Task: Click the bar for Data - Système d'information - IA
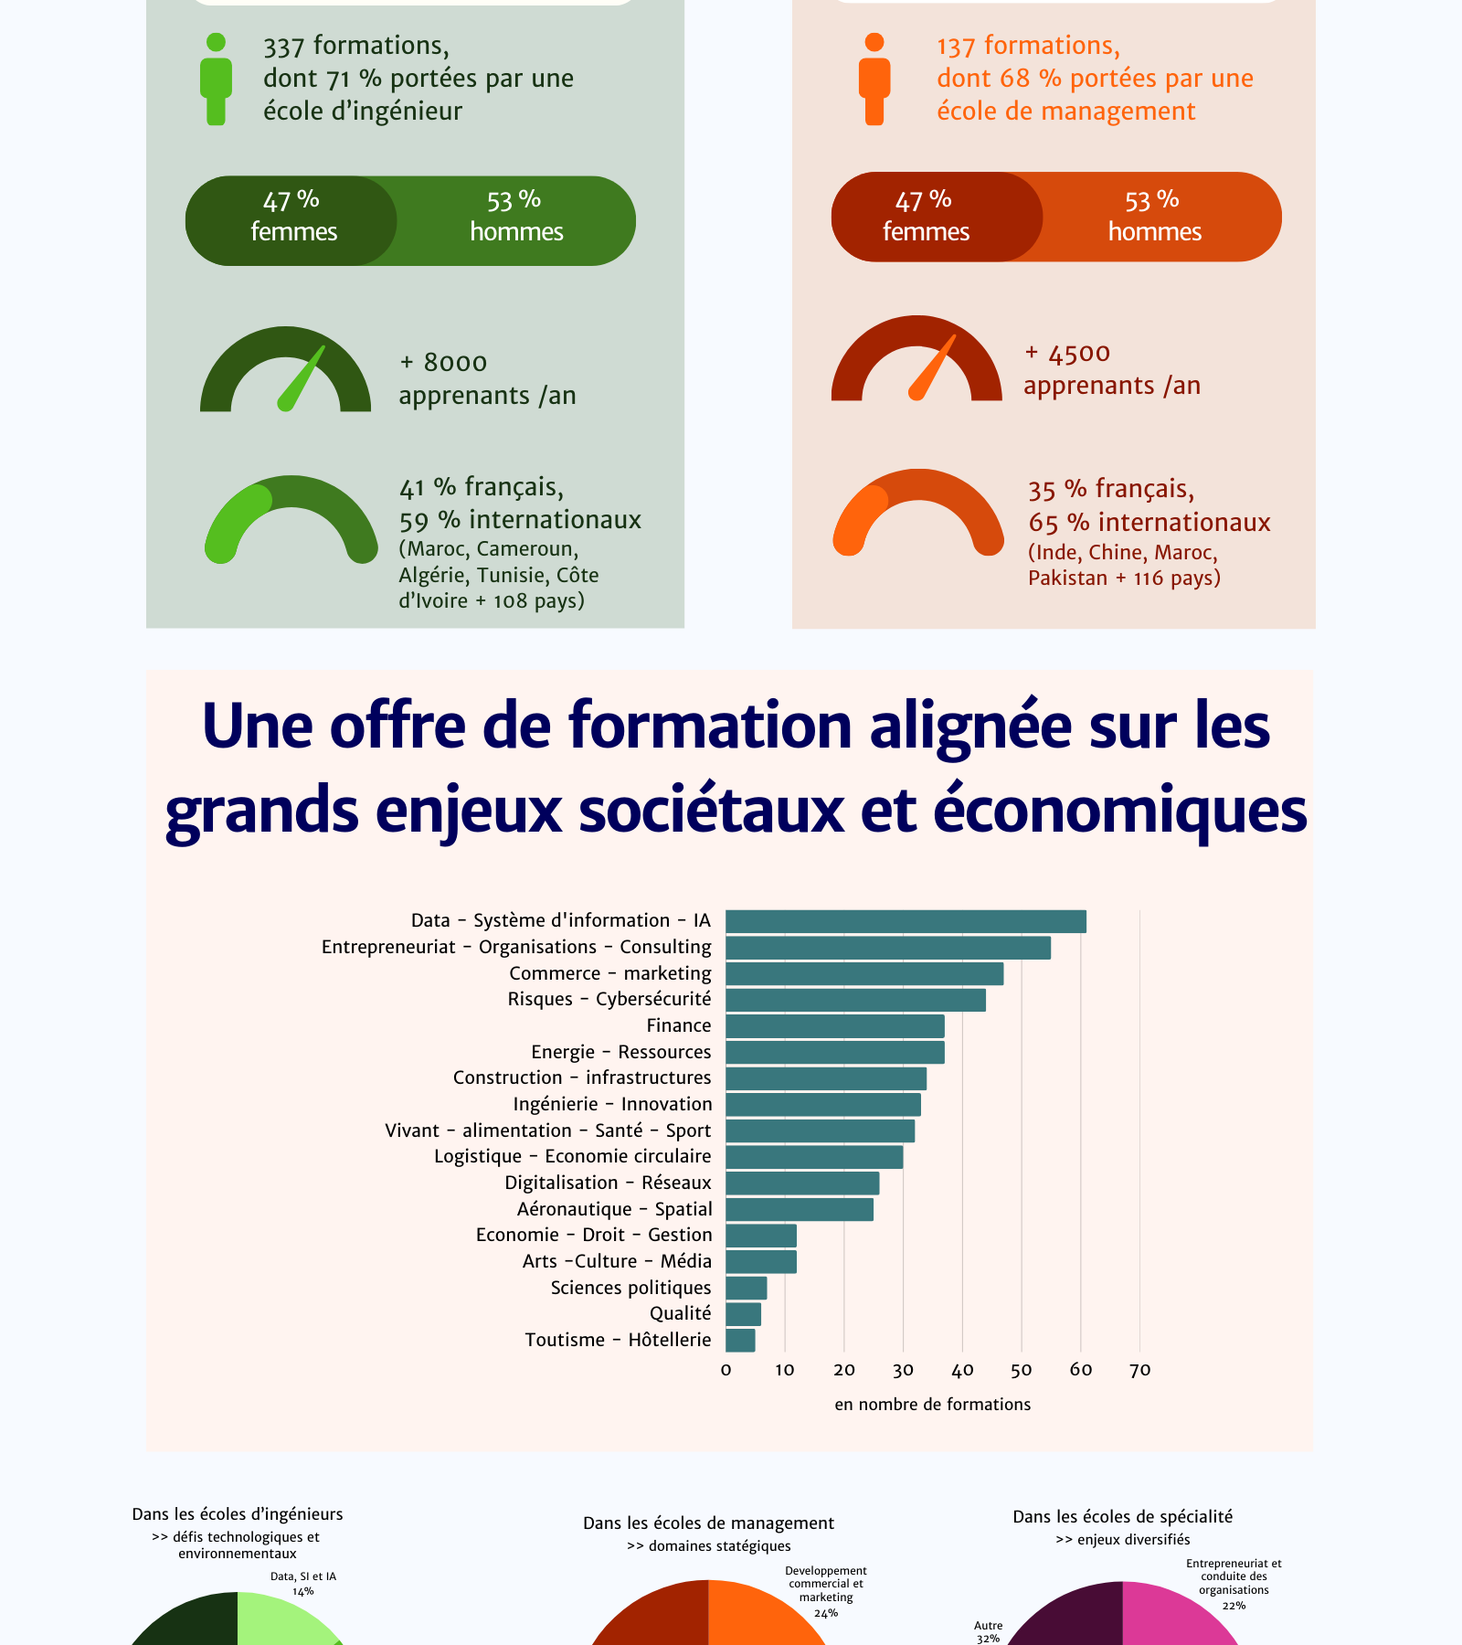(906, 921)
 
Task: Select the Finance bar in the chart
(834, 1026)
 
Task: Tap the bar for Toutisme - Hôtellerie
(740, 1341)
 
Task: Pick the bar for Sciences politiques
(746, 1289)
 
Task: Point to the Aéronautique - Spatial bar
(800, 1210)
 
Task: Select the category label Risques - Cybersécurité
(609, 999)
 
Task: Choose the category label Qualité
(680, 1313)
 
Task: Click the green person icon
(216, 80)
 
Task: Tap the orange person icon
(874, 80)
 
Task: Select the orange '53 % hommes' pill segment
(1156, 217)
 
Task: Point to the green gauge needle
(302, 378)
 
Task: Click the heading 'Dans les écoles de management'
(708, 1523)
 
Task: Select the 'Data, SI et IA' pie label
(303, 1576)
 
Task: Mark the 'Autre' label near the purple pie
(988, 1626)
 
